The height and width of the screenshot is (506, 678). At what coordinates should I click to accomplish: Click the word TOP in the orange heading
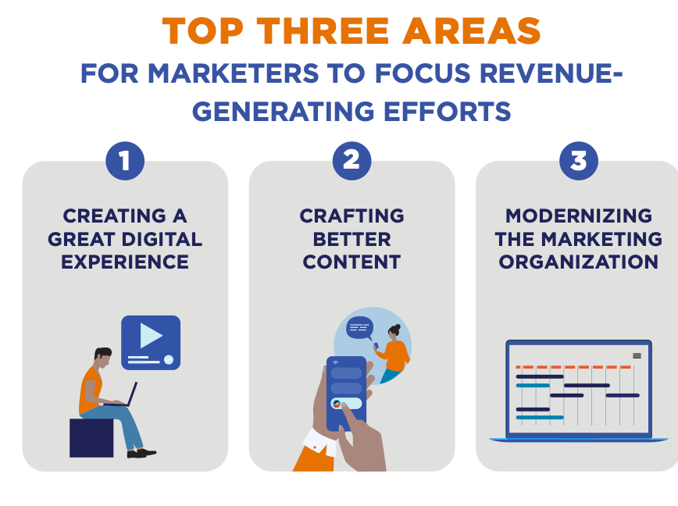tap(203, 31)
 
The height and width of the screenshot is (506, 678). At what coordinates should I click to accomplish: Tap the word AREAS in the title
tap(471, 31)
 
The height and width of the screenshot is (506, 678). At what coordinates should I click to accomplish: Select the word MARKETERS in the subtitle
tap(234, 73)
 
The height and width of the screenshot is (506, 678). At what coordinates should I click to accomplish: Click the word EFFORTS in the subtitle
tap(447, 111)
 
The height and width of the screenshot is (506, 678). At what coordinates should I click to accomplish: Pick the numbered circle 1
tap(125, 161)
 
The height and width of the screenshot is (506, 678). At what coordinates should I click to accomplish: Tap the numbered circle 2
tap(351, 161)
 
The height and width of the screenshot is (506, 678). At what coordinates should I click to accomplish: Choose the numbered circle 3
tap(579, 161)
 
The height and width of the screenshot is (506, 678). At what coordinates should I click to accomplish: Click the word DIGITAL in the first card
tap(162, 239)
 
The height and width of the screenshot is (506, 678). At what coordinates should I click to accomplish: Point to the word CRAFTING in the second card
tap(351, 216)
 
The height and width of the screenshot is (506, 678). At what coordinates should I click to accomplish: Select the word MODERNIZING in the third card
tap(579, 216)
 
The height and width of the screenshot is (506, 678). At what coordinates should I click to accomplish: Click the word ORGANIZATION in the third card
tap(579, 262)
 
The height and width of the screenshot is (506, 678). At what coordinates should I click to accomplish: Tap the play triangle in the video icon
tap(151, 335)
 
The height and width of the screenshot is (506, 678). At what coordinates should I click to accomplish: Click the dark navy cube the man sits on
tap(91, 438)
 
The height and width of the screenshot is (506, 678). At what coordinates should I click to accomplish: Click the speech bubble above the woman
tap(360, 328)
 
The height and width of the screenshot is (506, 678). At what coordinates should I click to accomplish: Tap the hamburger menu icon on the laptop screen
tap(637, 356)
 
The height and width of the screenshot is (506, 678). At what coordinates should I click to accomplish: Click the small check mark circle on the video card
tap(169, 359)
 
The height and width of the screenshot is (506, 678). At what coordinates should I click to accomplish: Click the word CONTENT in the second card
tap(351, 262)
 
